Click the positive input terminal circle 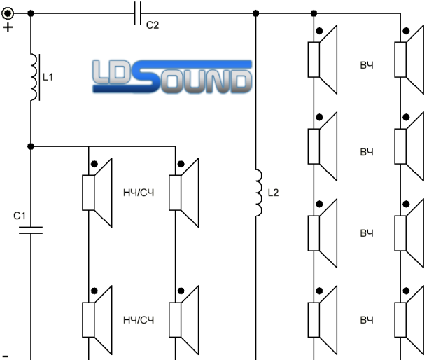(8, 13)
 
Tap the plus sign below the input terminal (8, 27)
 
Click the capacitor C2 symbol (138, 13)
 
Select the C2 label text (153, 25)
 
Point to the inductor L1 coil (34, 77)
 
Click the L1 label (48, 77)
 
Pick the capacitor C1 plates (31, 230)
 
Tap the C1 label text (20, 216)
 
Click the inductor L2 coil (259, 193)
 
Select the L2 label (274, 193)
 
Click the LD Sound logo (172, 76)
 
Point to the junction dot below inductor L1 (31, 146)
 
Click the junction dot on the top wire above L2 (255, 13)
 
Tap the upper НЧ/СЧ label (139, 193)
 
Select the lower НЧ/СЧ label (139, 320)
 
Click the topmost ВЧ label (367, 65)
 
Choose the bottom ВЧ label (367, 320)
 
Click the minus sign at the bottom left (6, 356)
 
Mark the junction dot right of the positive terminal (31, 13)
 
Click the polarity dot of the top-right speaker (406, 31)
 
